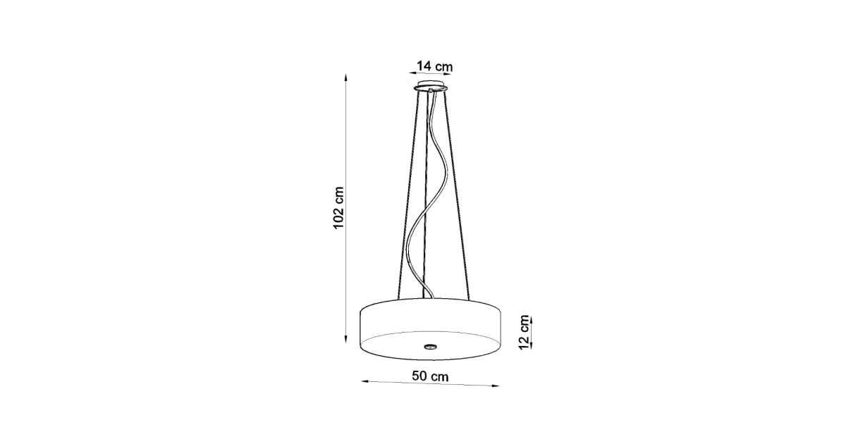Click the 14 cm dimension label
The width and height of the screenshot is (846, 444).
[434, 66]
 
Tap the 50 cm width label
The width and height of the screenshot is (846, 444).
[430, 376]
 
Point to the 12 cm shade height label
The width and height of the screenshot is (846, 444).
[525, 332]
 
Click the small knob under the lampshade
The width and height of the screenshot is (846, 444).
[430, 345]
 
